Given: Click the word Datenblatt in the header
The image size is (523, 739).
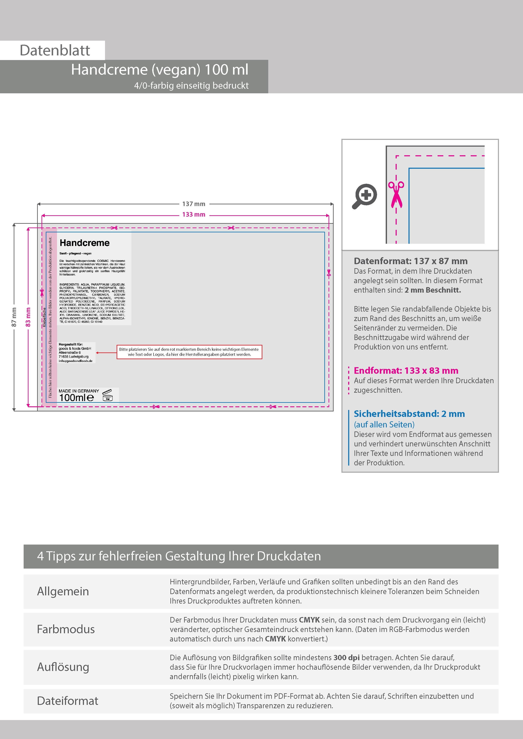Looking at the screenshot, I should click(x=55, y=50).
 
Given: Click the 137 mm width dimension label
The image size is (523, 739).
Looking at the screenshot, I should click(x=193, y=204).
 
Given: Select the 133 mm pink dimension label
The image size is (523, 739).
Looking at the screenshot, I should click(x=193, y=214).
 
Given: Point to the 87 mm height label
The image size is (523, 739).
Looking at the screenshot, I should click(x=14, y=317).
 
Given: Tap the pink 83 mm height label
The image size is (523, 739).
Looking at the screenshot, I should click(x=28, y=317).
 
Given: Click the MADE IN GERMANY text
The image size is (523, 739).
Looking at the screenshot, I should click(x=79, y=391).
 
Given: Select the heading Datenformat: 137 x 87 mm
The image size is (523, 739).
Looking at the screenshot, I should click(x=411, y=261).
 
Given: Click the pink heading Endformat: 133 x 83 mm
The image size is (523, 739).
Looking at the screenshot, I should click(x=406, y=371).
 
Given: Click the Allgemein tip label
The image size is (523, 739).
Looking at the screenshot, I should click(x=63, y=591).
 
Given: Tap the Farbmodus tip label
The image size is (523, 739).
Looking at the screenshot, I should click(x=66, y=629).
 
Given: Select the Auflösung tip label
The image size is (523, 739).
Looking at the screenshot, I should click(x=63, y=667).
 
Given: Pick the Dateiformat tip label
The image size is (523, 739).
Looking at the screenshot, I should click(x=68, y=701).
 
